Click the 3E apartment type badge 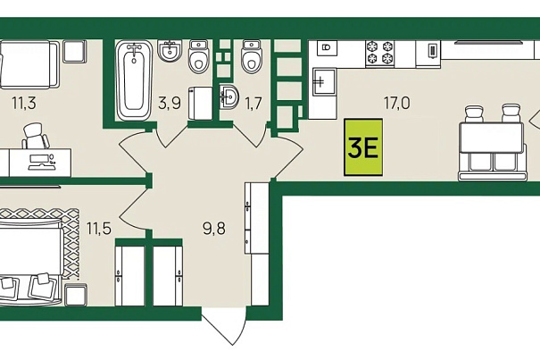[x=363, y=147]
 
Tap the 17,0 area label [x=396, y=103]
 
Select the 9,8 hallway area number [x=214, y=229]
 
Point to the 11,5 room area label [x=99, y=229]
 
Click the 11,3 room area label [x=24, y=103]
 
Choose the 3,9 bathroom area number [x=170, y=103]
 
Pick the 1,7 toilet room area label [x=253, y=103]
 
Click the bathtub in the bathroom [x=134, y=80]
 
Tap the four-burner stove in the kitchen [x=379, y=52]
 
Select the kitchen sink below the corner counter [x=324, y=81]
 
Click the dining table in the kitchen [x=492, y=138]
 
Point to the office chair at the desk [x=36, y=136]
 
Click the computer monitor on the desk [x=40, y=162]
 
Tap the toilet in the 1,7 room [x=252, y=56]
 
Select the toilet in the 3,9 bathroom [x=199, y=56]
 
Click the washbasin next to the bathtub [x=170, y=51]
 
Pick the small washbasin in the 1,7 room [x=228, y=96]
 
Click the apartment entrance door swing [x=224, y=325]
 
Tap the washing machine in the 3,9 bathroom [x=201, y=104]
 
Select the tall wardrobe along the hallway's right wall [x=257, y=244]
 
